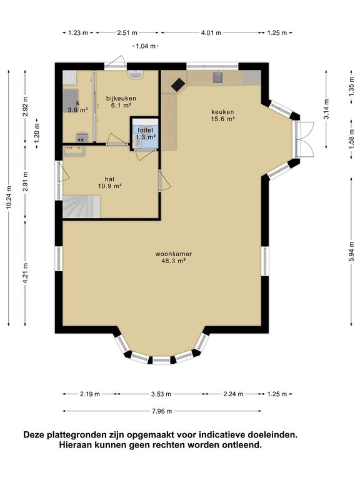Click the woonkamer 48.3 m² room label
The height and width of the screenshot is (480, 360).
point(174,257)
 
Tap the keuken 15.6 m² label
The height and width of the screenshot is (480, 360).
point(222,116)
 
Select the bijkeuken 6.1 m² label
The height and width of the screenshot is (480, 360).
point(121,102)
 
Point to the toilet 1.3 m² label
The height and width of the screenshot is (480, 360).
point(146,134)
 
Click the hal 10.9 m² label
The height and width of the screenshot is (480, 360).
point(109,182)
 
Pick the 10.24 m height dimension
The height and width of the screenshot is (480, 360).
point(9,197)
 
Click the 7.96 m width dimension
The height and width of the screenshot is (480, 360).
point(162,411)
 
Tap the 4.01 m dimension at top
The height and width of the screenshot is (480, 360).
point(211,32)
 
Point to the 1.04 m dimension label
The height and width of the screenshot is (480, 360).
point(146,46)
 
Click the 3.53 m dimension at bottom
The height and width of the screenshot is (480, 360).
point(161,394)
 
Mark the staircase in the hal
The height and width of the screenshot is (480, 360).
point(81,207)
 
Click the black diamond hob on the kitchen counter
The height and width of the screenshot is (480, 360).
point(178,84)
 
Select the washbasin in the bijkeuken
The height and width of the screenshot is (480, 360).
point(136,75)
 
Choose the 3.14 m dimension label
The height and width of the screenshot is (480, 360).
point(327,109)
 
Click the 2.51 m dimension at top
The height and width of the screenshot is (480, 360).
point(127,32)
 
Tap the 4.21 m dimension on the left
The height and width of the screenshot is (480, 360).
point(26,273)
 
